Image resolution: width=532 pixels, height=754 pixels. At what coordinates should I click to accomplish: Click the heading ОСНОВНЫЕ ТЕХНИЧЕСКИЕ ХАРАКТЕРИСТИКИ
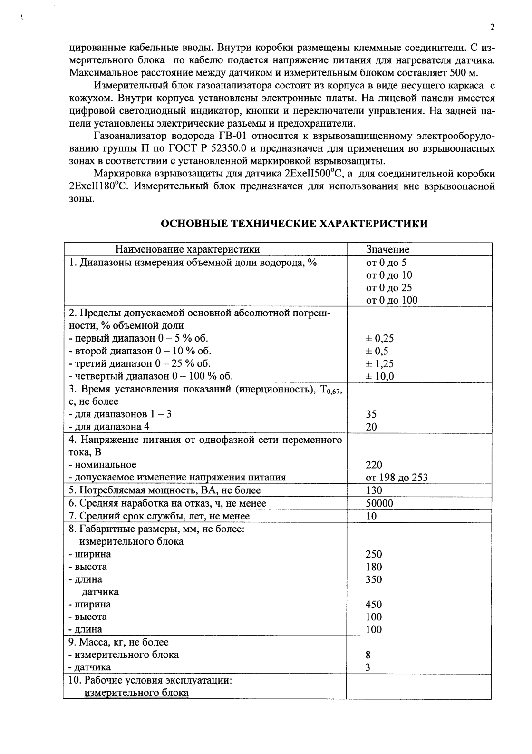[294, 224]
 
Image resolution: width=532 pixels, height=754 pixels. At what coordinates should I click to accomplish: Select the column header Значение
[387, 249]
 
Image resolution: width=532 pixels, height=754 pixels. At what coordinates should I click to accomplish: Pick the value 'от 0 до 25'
[388, 287]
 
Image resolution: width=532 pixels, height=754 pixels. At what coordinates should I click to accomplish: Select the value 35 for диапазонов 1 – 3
[371, 414]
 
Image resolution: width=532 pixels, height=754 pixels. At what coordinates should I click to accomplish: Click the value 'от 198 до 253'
[397, 478]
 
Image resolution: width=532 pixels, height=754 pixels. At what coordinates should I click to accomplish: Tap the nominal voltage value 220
[374, 465]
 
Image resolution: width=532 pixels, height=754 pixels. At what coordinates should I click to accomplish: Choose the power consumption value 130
[374, 490]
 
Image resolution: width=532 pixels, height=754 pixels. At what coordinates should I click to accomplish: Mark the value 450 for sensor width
[374, 604]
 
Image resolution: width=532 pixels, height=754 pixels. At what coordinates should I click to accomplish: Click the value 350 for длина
[374, 579]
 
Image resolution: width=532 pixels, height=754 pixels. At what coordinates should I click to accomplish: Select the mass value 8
[368, 655]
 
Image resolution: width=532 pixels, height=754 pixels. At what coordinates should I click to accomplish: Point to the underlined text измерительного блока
[136, 693]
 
